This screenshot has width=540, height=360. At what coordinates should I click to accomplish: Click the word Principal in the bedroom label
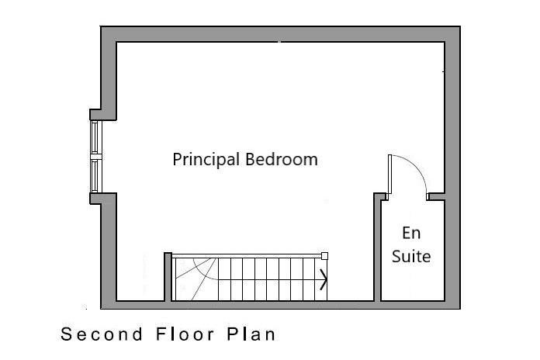(206, 160)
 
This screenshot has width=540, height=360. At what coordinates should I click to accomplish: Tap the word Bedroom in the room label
(282, 160)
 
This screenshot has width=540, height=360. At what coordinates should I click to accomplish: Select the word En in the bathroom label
(411, 234)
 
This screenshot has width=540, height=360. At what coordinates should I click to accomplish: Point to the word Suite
(411, 257)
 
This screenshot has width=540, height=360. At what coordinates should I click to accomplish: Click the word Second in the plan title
(102, 334)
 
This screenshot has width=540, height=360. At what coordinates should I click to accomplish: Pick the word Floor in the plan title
(185, 334)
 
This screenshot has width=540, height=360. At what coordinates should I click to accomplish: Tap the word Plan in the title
(251, 334)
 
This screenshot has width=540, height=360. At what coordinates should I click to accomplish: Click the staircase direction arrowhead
(324, 279)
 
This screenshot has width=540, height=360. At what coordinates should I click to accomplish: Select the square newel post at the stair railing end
(324, 255)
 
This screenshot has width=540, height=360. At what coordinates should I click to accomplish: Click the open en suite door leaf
(389, 175)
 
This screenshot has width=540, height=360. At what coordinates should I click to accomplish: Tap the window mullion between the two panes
(96, 157)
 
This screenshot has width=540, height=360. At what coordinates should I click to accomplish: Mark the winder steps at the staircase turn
(196, 279)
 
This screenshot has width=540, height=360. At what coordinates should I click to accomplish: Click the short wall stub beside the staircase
(168, 277)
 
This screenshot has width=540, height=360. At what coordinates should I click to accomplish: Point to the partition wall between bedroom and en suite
(377, 247)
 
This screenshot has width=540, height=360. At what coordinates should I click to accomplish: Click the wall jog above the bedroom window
(103, 115)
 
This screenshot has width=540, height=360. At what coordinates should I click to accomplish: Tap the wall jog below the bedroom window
(103, 199)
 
